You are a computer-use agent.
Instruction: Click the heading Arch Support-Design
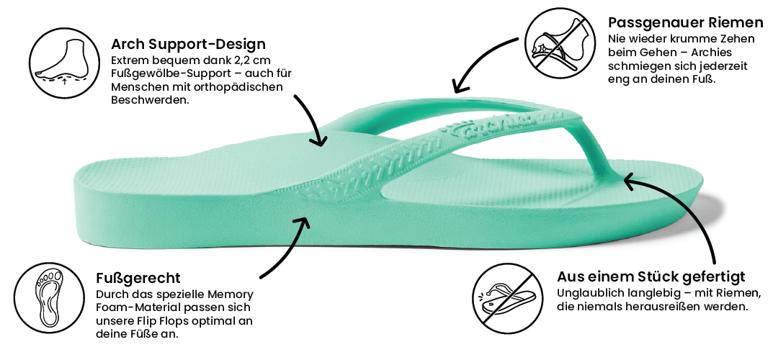189,45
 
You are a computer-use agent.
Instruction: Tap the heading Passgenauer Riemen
686,22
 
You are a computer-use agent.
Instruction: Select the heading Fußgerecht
138,277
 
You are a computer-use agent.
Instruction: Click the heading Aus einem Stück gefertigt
651,276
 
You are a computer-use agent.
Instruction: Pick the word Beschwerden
151,99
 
